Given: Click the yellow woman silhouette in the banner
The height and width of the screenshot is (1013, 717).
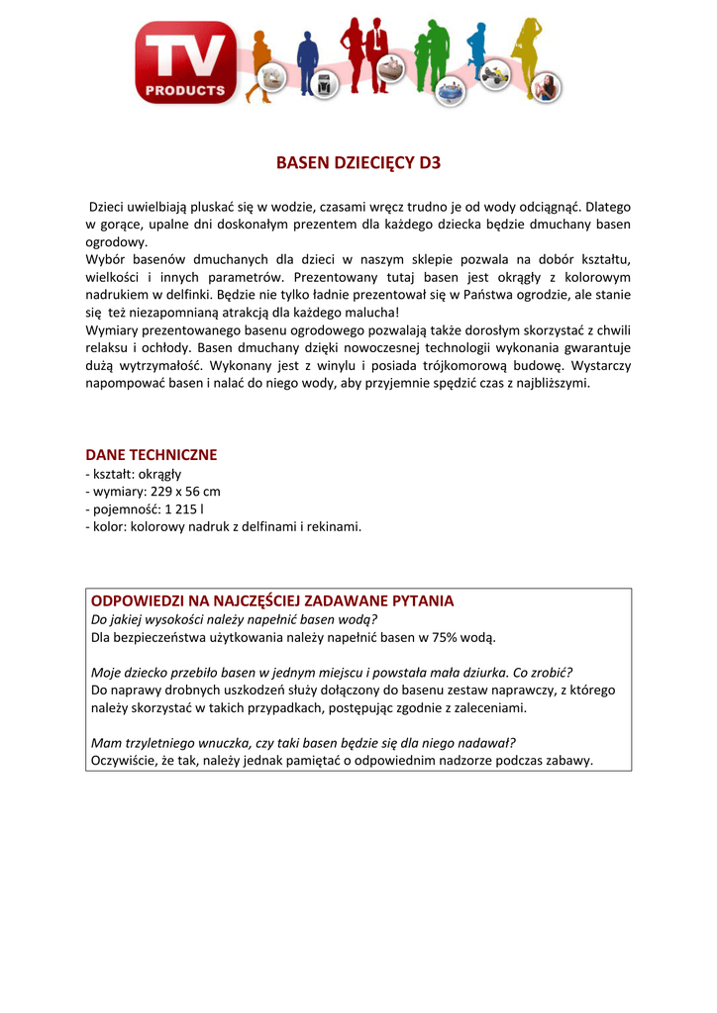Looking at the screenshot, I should point(525,54).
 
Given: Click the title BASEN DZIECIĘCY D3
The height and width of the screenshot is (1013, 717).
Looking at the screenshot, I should point(358,163).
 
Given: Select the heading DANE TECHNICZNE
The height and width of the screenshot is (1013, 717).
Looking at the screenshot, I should point(152,454).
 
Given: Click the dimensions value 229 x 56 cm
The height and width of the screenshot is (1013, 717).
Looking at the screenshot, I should point(185,491).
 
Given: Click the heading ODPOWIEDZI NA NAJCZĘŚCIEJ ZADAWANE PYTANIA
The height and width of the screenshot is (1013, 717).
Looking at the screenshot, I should point(272,600).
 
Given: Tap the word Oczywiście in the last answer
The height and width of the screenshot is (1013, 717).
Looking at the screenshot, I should point(126,761).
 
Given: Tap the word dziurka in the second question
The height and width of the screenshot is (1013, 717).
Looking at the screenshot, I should point(476,672).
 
